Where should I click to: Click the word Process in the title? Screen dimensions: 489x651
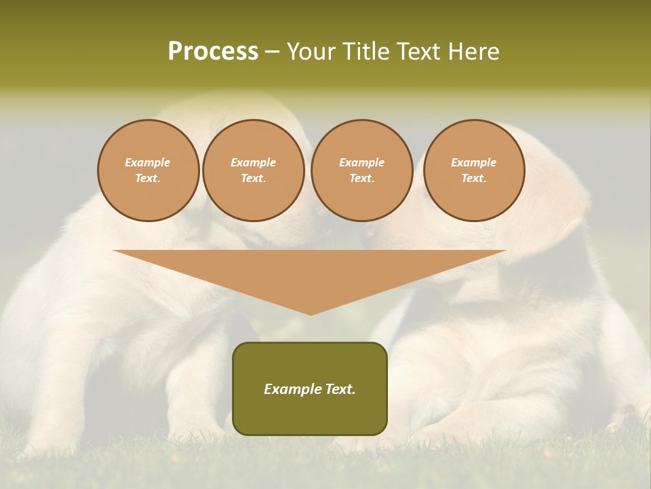213,52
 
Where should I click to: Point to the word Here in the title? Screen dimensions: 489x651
474,52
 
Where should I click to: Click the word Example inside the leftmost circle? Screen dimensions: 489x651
148,162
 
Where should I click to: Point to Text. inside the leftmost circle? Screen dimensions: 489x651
148,178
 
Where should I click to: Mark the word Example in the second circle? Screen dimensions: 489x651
253,162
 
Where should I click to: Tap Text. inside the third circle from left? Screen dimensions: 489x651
361,178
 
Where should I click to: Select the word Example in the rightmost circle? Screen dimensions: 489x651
473,162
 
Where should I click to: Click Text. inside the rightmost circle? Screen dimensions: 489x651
473,178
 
